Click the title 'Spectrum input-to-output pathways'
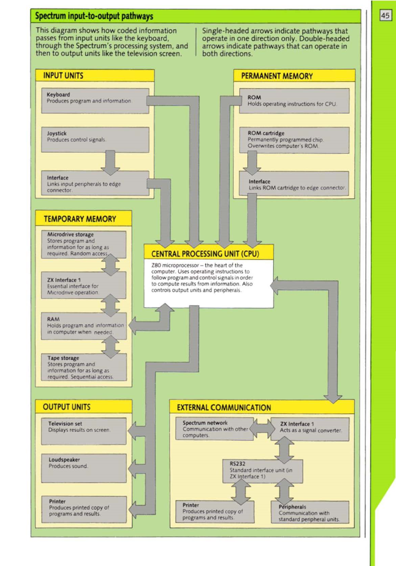click(94, 16)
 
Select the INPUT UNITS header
click(63, 75)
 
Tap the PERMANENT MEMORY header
click(277, 76)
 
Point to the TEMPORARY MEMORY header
click(80, 218)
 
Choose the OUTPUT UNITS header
click(66, 406)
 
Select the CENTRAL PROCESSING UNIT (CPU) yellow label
click(209, 252)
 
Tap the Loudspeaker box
click(85, 467)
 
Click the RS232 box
click(263, 471)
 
